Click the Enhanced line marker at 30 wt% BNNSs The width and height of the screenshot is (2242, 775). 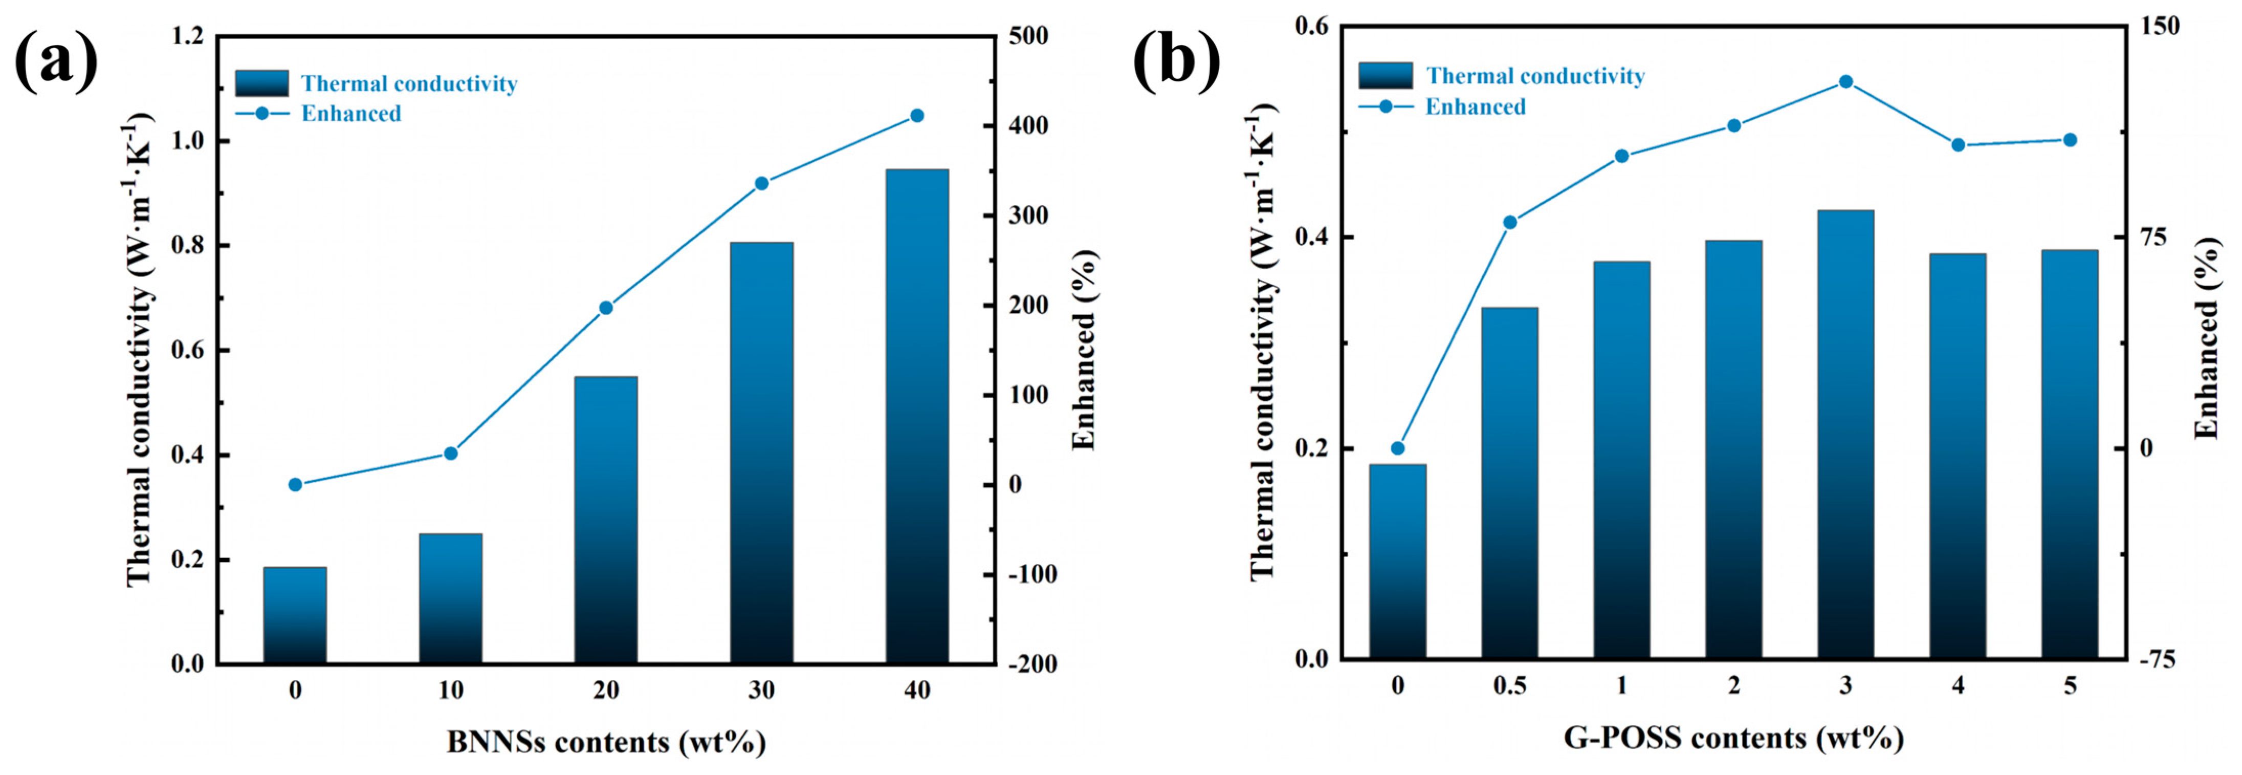(761, 184)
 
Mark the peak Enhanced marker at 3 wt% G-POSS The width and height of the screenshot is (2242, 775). (1845, 82)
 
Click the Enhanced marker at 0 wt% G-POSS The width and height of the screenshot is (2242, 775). (1398, 448)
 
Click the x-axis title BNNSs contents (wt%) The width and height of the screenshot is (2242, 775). (606, 742)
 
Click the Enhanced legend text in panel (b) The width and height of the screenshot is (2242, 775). (1475, 107)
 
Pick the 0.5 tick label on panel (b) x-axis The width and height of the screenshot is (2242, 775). (1509, 686)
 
